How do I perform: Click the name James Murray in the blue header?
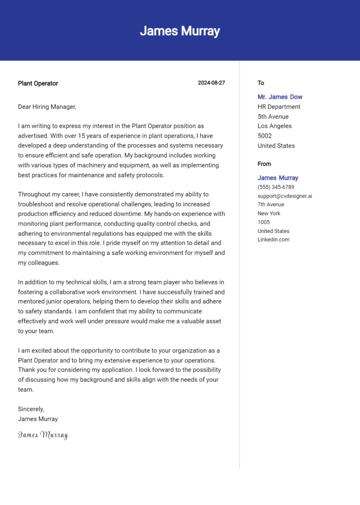(180, 31)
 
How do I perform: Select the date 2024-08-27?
(211, 83)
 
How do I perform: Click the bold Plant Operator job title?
(38, 83)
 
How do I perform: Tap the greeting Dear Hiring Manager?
(46, 107)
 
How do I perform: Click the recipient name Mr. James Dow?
(280, 97)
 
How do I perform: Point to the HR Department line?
(279, 107)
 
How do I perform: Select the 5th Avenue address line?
(273, 117)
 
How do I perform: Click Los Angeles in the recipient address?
(274, 126)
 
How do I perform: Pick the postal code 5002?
(265, 136)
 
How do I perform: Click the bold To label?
(261, 83)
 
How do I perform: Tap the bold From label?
(264, 164)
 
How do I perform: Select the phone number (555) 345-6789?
(276, 187)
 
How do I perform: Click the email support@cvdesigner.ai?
(285, 196)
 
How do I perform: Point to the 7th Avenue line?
(270, 204)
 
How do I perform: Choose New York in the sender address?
(269, 213)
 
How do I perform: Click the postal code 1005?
(264, 222)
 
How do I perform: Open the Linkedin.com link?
(273, 239)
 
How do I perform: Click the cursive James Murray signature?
(43, 435)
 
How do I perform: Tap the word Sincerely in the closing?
(30, 409)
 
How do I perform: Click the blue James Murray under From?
(277, 178)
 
